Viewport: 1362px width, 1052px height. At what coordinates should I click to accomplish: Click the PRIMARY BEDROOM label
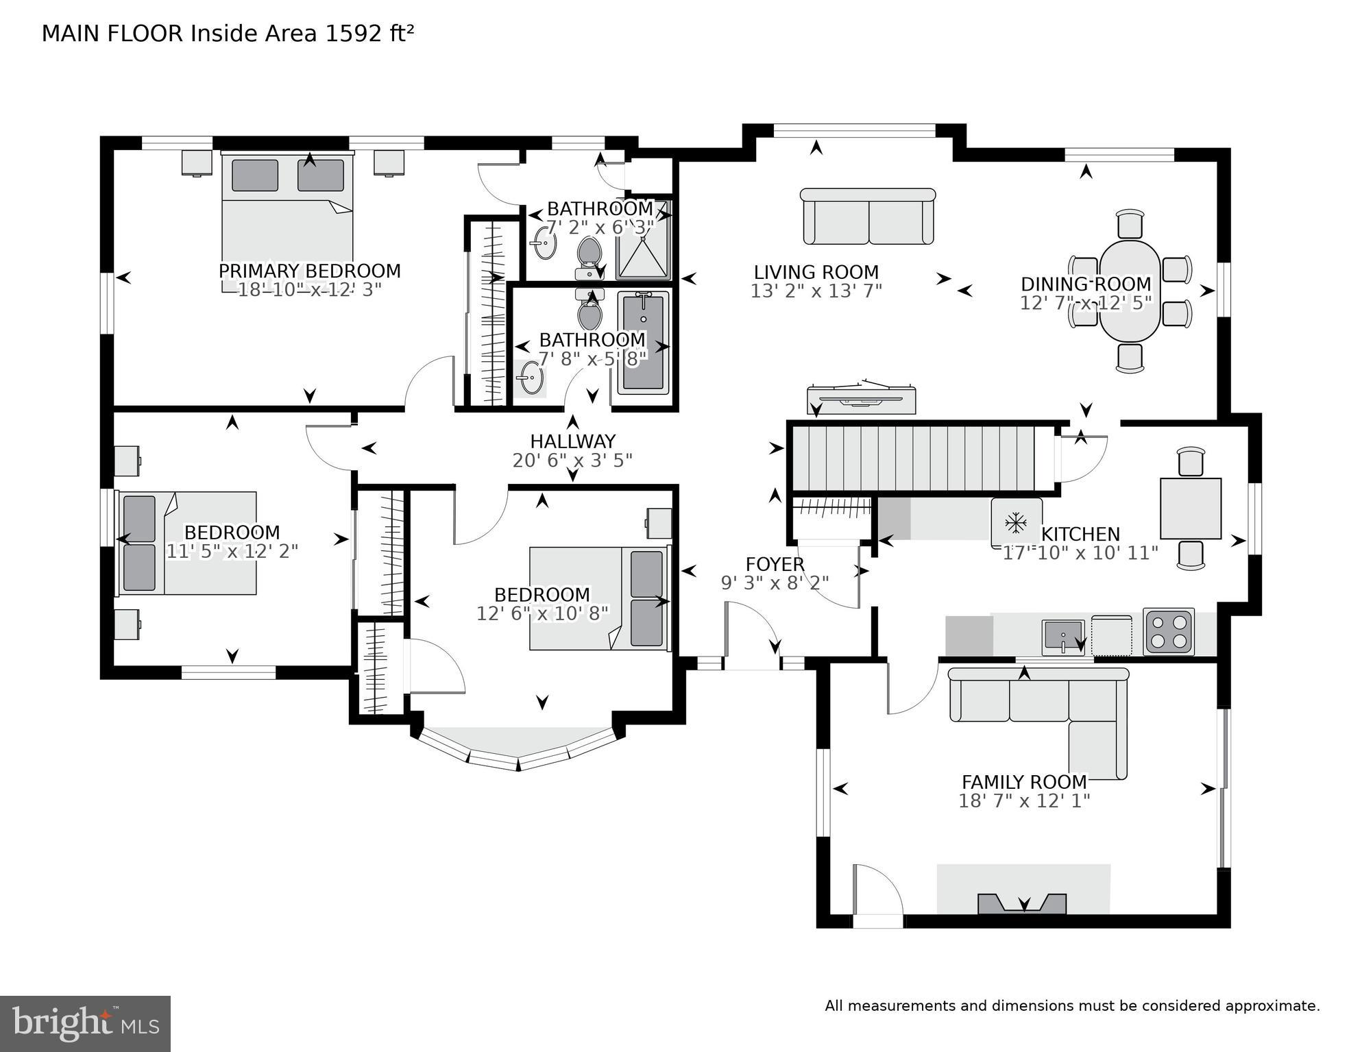pyautogui.click(x=309, y=271)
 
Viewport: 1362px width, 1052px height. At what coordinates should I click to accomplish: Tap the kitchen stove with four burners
pyautogui.click(x=1168, y=631)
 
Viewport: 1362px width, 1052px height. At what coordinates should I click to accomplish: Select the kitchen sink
pyautogui.click(x=1062, y=636)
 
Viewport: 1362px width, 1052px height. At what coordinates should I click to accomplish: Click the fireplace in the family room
pyautogui.click(x=1022, y=903)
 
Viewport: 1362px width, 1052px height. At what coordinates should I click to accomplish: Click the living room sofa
pyautogui.click(x=868, y=217)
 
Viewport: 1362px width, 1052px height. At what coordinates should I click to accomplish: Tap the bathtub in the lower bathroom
pyautogui.click(x=643, y=342)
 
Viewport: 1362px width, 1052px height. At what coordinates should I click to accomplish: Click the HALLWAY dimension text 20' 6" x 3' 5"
pyautogui.click(x=572, y=461)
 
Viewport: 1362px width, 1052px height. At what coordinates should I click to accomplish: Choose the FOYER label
pyautogui.click(x=775, y=564)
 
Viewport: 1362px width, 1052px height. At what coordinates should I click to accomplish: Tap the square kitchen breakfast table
pyautogui.click(x=1190, y=508)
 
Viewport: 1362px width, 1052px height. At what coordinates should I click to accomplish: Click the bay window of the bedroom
pyautogui.click(x=518, y=750)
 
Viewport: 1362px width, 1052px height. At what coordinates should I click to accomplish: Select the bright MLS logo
pyautogui.click(x=85, y=1023)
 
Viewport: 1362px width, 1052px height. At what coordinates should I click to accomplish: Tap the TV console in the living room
pyautogui.click(x=862, y=400)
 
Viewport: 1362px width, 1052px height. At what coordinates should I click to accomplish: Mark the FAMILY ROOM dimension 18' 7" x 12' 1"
pyautogui.click(x=1023, y=800)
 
